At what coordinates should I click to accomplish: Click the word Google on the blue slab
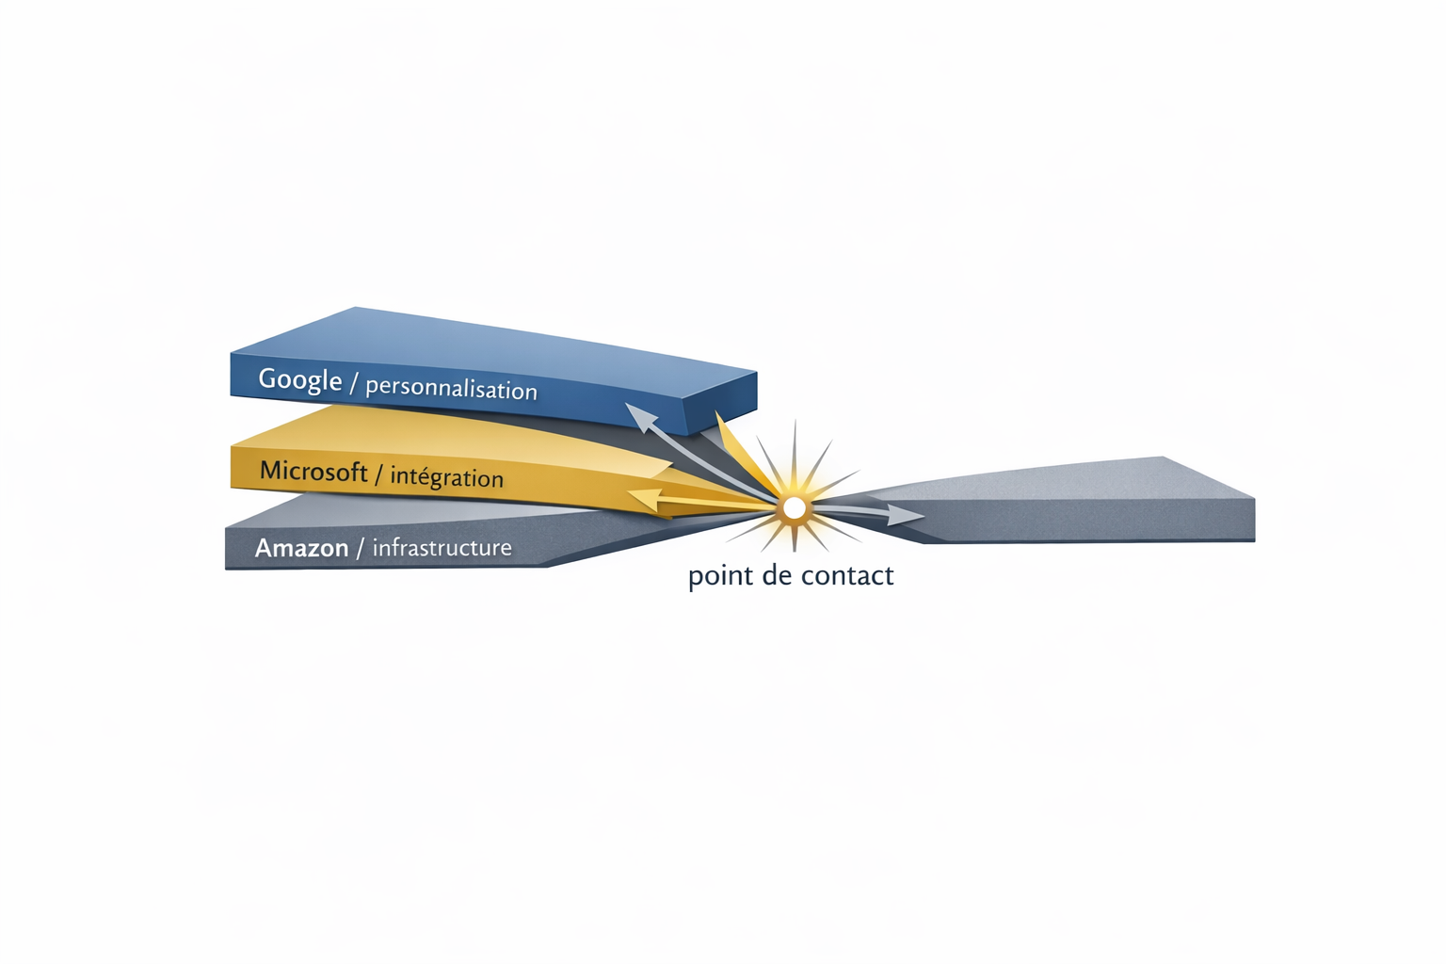coord(300,379)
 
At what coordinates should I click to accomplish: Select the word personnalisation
coord(451,389)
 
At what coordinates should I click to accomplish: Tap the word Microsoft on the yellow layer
coord(313,471)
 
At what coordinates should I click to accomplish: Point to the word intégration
coord(447,477)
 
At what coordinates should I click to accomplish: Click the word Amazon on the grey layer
coord(301,548)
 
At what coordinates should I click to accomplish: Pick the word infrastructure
coord(442,548)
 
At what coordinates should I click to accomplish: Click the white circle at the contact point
coord(794,508)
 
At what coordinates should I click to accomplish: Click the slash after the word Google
coord(353,382)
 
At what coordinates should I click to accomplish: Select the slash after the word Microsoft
coord(379,474)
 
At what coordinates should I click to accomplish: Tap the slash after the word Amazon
coord(359,548)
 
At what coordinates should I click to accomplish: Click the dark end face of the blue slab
coord(720,403)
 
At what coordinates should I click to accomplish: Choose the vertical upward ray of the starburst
coord(795,458)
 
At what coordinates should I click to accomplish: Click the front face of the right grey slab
coord(1084,521)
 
